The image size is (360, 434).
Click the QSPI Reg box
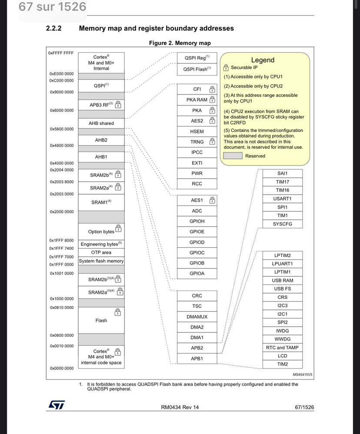pyautogui.click(x=197, y=58)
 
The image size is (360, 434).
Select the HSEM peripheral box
pyautogui.click(x=197, y=131)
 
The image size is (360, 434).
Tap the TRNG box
pyautogui.click(x=197, y=142)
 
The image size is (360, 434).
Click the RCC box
pyautogui.click(x=197, y=184)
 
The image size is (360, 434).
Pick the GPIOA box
pyautogui.click(x=197, y=274)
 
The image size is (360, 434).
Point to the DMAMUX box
pyautogui.click(x=197, y=317)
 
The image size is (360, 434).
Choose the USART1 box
pyautogui.click(x=282, y=199)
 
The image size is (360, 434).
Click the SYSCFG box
pyautogui.click(x=282, y=224)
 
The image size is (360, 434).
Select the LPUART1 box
pyautogui.click(x=282, y=264)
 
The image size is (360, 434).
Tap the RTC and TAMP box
pyautogui.click(x=282, y=348)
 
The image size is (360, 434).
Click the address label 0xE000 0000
pyautogui.click(x=61, y=74)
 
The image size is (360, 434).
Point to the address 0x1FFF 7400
pyautogui.click(x=61, y=248)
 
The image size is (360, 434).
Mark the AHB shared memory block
pyautogui.click(x=101, y=123)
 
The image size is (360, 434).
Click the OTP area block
pyautogui.click(x=101, y=252)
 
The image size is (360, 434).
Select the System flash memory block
pyautogui.click(x=101, y=261)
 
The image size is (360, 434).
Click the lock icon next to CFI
pyautogui.click(x=212, y=89)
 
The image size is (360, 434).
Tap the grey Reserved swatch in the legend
pyautogui.click(x=233, y=156)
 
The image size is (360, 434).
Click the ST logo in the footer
pyautogui.click(x=57, y=405)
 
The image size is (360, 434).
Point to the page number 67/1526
pyautogui.click(x=304, y=407)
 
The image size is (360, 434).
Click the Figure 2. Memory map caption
pyautogui.click(x=180, y=43)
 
